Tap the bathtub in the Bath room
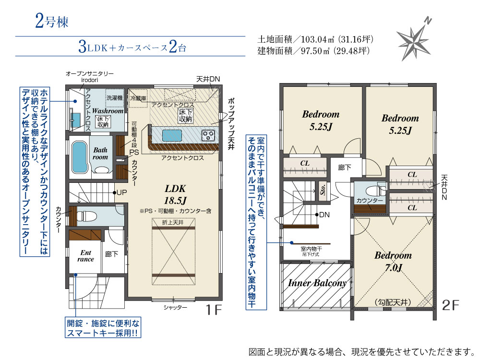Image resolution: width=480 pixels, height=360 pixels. click(79, 157)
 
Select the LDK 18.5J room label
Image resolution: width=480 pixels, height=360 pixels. click(175, 194)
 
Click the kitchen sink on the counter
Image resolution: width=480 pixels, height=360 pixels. click(172, 135)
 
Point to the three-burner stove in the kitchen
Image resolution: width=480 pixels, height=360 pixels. click(208, 135)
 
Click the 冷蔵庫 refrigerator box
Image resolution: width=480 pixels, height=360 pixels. click(138, 98)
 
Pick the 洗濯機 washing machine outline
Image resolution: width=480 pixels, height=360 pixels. click(115, 98)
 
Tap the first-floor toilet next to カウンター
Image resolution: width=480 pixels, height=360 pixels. click(86, 216)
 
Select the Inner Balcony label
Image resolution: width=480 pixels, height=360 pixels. click(317, 283)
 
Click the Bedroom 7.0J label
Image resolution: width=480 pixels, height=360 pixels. click(393, 262)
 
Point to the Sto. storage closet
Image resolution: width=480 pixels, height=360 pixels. click(323, 191)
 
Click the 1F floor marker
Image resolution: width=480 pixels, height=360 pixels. click(214, 310)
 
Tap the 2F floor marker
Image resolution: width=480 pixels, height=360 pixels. click(450, 305)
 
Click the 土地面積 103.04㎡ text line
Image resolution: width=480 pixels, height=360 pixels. click(315, 39)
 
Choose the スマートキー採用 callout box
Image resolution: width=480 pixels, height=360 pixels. click(103, 327)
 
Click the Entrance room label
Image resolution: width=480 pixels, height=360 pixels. click(86, 256)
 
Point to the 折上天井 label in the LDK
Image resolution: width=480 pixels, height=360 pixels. click(173, 223)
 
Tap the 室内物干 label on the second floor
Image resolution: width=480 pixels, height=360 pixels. click(311, 249)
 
